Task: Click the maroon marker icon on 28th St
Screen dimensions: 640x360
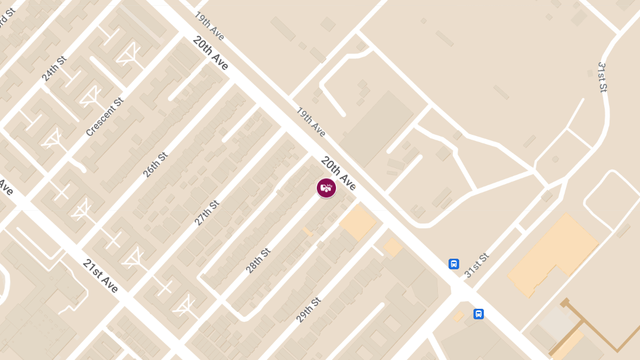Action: coord(326,188)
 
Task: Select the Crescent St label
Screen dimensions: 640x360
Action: coord(105,116)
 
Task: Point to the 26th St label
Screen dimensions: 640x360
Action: coord(155,165)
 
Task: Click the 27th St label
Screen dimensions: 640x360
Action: coord(206,213)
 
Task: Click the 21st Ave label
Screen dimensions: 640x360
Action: coord(101,276)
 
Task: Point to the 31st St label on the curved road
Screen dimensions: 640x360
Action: coord(602,78)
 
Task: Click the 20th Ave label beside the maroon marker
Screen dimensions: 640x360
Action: coord(338,173)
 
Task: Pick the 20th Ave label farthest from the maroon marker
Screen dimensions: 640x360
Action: coord(211,53)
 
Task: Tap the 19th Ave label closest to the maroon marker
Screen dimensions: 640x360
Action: coord(311,122)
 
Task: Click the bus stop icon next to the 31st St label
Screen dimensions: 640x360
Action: coord(454,263)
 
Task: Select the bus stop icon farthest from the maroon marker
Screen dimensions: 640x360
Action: coord(479,314)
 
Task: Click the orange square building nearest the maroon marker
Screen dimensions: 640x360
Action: coord(357,222)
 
